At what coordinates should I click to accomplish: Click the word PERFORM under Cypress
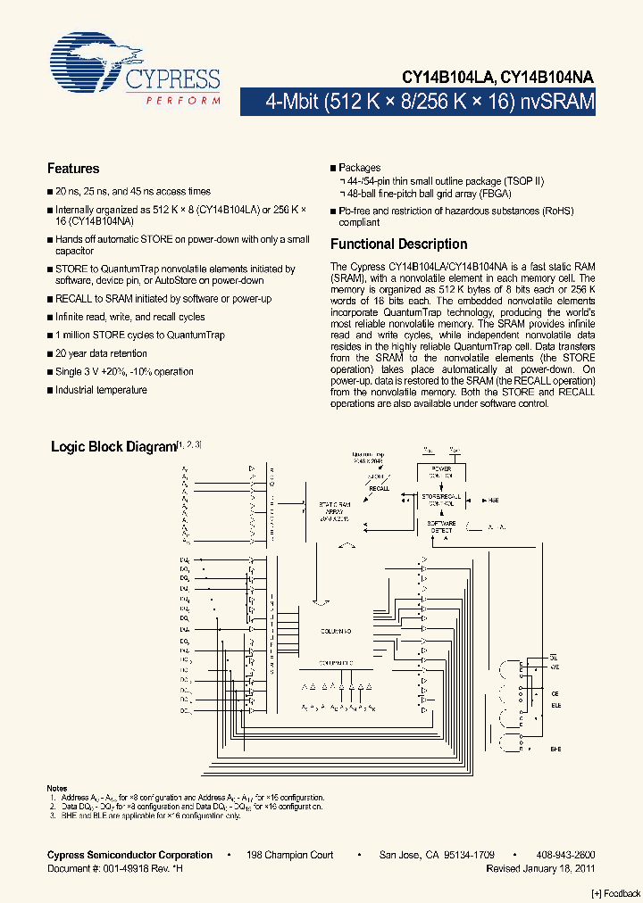(x=183, y=102)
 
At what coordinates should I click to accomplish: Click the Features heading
(x=73, y=169)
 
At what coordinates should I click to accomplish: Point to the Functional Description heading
(x=398, y=244)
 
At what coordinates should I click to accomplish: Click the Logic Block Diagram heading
(x=113, y=447)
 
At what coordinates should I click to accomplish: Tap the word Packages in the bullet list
(x=360, y=168)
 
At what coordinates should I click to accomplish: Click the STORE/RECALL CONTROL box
(x=441, y=498)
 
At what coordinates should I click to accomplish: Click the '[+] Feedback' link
(x=616, y=893)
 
